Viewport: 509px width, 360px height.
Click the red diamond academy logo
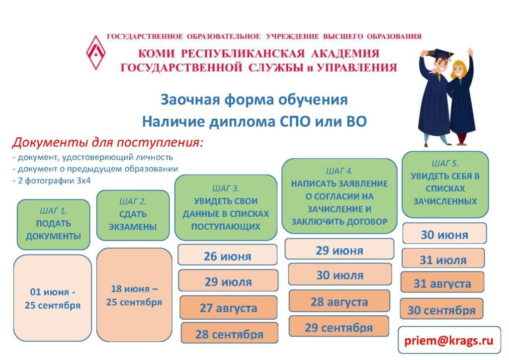pyautogui.click(x=95, y=53)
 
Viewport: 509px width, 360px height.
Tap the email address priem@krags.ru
pyautogui.click(x=449, y=340)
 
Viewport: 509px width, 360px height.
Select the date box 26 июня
pyautogui.click(x=228, y=255)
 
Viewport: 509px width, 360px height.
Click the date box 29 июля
pyautogui.click(x=228, y=281)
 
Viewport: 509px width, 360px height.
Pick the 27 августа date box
pyautogui.click(x=229, y=307)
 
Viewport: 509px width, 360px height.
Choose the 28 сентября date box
pyautogui.click(x=230, y=333)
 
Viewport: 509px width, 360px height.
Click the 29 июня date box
pyautogui.click(x=339, y=249)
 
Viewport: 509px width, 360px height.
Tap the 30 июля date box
pyautogui.click(x=340, y=274)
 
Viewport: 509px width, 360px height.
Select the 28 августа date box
pyautogui.click(x=339, y=301)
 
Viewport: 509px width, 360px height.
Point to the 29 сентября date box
pyautogui.click(x=339, y=327)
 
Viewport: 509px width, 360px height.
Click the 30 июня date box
pyautogui.click(x=444, y=234)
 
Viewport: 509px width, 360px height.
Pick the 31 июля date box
pyautogui.click(x=443, y=259)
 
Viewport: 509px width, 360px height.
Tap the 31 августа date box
pyautogui.click(x=442, y=282)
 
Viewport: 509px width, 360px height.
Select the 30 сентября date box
pyautogui.click(x=441, y=309)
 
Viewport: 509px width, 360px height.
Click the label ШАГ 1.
pyautogui.click(x=53, y=211)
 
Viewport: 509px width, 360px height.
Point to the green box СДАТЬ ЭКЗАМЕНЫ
pyautogui.click(x=133, y=215)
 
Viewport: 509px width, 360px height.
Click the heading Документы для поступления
pyautogui.click(x=108, y=142)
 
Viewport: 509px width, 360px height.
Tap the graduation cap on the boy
pyautogui.click(x=438, y=54)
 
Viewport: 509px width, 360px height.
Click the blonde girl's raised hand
pyautogui.click(x=470, y=52)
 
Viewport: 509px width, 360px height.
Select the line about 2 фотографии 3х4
pyautogui.click(x=52, y=180)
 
